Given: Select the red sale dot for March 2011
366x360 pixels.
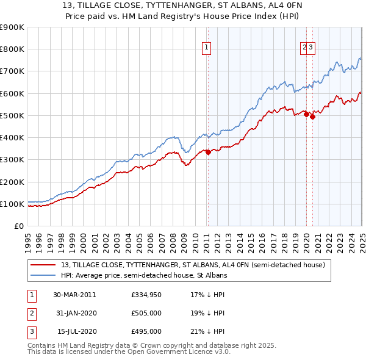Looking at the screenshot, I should click(x=208, y=153).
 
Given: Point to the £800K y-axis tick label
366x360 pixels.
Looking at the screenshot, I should click(x=12, y=49).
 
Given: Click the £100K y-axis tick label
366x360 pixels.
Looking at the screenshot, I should click(x=12, y=204).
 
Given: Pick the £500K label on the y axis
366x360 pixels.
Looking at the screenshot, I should click(x=12, y=115).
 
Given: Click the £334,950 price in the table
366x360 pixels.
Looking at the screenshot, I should click(x=146, y=295).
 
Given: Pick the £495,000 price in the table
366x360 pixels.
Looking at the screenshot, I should click(x=146, y=331).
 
